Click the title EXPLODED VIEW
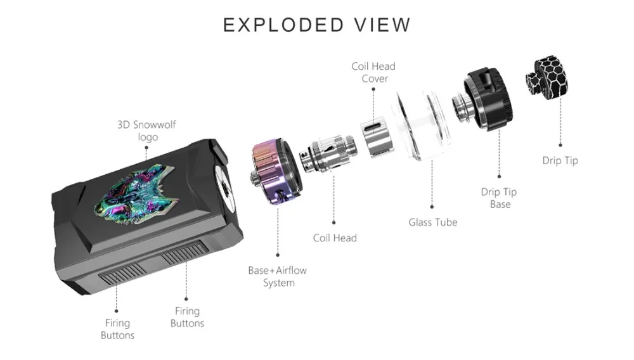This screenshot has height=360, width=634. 316,25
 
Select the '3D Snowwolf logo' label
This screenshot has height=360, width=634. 147,131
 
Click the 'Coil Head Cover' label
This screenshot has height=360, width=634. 373,72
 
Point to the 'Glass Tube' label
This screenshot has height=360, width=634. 432,222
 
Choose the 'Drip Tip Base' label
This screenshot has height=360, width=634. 500,198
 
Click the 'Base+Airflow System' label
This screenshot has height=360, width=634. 278,276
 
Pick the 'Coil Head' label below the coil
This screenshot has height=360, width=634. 335,238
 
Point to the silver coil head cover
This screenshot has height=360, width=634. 377,138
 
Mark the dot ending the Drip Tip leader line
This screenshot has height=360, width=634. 560,145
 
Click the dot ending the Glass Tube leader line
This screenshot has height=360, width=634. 432,207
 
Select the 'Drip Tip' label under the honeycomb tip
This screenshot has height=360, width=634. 560,160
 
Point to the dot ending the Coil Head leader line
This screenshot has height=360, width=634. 333,222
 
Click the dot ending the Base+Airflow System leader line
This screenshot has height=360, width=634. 278,255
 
